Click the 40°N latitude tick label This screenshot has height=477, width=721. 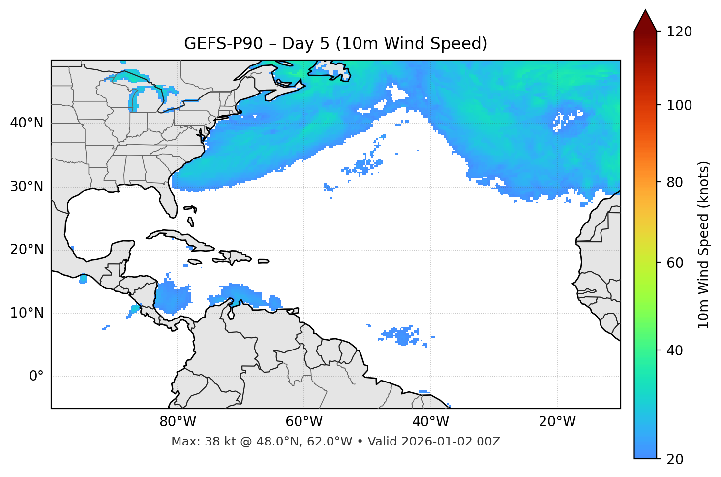pyautogui.click(x=27, y=123)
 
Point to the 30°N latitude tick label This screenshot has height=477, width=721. pyautogui.click(x=27, y=187)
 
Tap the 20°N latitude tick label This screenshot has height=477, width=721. pyautogui.click(x=27, y=250)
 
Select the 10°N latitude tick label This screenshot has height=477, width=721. pyautogui.click(x=27, y=313)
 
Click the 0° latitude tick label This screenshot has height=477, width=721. pyautogui.click(x=36, y=377)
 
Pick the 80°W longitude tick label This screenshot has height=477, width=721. pyautogui.click(x=178, y=422)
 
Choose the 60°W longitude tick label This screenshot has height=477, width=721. pyautogui.click(x=304, y=422)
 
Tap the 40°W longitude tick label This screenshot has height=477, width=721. pyautogui.click(x=431, y=422)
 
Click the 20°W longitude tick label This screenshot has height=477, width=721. pyautogui.click(x=557, y=422)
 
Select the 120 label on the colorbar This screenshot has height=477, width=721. pyautogui.click(x=679, y=32)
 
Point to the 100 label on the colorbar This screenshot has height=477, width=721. pyautogui.click(x=679, y=105)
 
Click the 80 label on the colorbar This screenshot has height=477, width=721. pyautogui.click(x=675, y=182)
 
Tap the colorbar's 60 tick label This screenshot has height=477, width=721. pyautogui.click(x=675, y=263)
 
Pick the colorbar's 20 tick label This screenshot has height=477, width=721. pyautogui.click(x=675, y=459)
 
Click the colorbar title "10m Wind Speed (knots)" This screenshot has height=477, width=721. pyautogui.click(x=704, y=245)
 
